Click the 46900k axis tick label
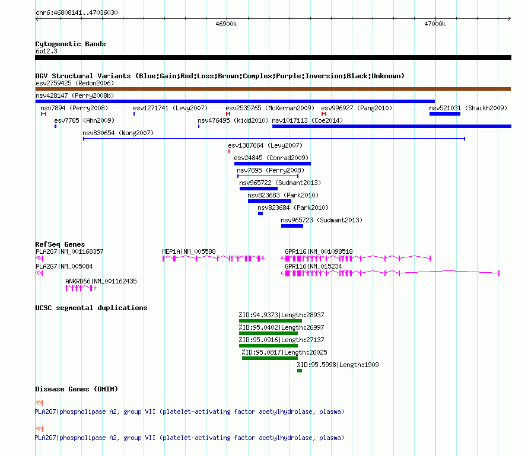pyautogui.click(x=226, y=24)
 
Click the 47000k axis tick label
pyautogui.click(x=435, y=24)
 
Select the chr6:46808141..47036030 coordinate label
pyautogui.click(x=77, y=13)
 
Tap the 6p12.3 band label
pyautogui.click(x=46, y=51)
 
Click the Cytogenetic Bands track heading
pyautogui.click(x=71, y=44)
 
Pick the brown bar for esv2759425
pyautogui.click(x=273, y=89)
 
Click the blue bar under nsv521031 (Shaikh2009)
pyautogui.click(x=445, y=114)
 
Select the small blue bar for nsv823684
pyautogui.click(x=260, y=213)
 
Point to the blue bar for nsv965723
pyautogui.click(x=292, y=226)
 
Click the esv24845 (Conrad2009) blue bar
pyautogui.click(x=272, y=164)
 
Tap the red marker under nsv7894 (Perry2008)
pyautogui.click(x=43, y=114)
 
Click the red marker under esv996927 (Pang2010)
pyautogui.click(x=324, y=114)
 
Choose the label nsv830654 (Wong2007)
pyautogui.click(x=118, y=133)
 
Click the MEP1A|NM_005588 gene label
pyautogui.click(x=189, y=251)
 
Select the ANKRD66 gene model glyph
pyautogui.click(x=81, y=288)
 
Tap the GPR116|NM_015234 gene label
pyautogui.click(x=313, y=266)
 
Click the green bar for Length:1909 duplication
pyautogui.click(x=300, y=371)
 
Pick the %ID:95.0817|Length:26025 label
pyautogui.click(x=285, y=352)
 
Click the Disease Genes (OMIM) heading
pyautogui.click(x=77, y=389)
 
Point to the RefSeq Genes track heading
pyautogui.click(x=60, y=244)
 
